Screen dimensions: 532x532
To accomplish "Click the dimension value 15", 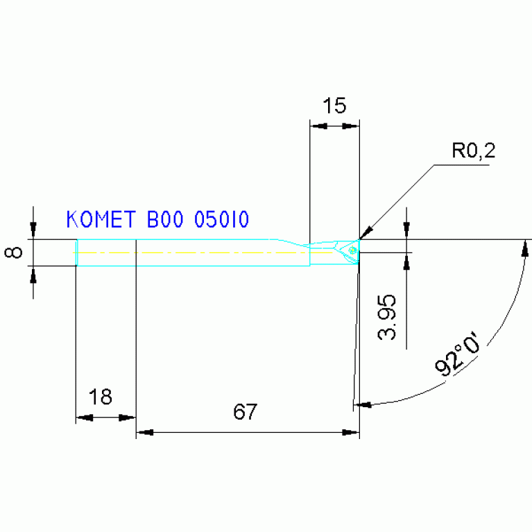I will pos(334,106).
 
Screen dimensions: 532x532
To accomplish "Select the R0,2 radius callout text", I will pos(474,151).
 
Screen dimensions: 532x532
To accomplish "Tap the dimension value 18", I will pos(101,397).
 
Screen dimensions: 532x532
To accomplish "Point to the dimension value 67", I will pos(245,412).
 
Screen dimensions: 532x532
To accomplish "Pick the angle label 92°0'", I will pos(458,357).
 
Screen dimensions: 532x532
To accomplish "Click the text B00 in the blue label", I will pos(166,220).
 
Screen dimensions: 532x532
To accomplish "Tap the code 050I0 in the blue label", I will pos(221,220).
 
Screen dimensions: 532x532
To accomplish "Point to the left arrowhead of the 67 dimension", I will pos(144,433).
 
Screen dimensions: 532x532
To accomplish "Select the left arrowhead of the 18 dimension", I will pos(84,418).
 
